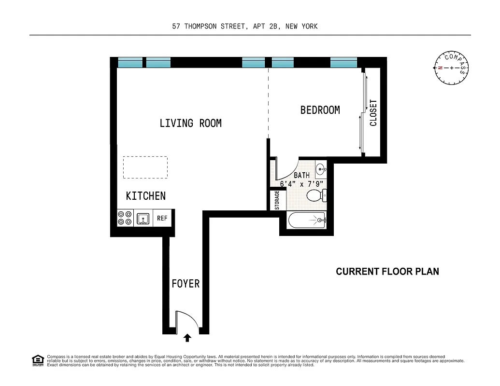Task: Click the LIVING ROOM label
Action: pyautogui.click(x=190, y=124)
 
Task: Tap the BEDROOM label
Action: pyautogui.click(x=320, y=110)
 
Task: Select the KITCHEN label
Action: pyautogui.click(x=145, y=196)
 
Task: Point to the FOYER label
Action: pyautogui.click(x=186, y=284)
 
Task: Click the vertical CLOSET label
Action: pyautogui.click(x=373, y=113)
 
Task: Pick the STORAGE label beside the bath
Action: pyautogui.click(x=277, y=200)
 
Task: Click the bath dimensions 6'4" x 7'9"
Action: pyautogui.click(x=302, y=183)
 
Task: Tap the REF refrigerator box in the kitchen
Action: pyautogui.click(x=162, y=219)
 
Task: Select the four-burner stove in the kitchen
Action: pyautogui.click(x=124, y=219)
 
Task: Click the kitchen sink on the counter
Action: pyautogui.click(x=143, y=219)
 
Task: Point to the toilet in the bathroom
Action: pyautogui.click(x=316, y=195)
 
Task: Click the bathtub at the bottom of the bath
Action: pyautogui.click(x=306, y=221)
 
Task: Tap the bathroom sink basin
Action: pyautogui.click(x=321, y=169)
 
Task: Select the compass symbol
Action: pyautogui.click(x=451, y=68)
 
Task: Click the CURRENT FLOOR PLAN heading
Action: pyautogui.click(x=387, y=272)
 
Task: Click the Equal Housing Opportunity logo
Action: pyautogui.click(x=37, y=360)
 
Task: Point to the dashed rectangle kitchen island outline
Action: pyautogui.click(x=145, y=167)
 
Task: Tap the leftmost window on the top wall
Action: pyautogui.click(x=130, y=63)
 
